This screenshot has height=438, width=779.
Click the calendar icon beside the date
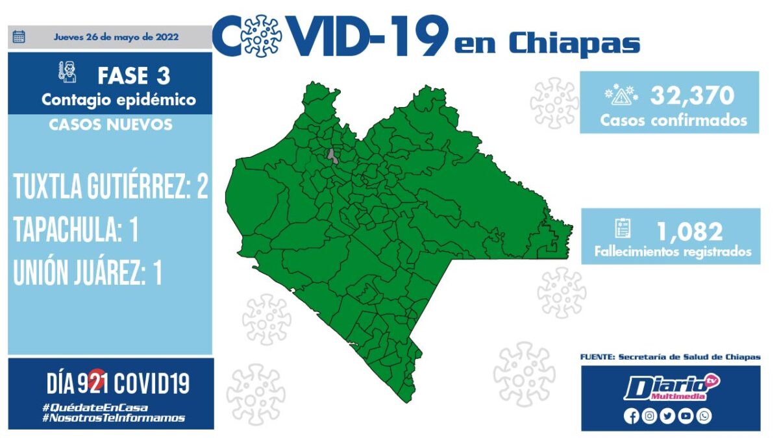[x=19, y=36]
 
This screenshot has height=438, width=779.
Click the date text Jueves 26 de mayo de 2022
[x=116, y=37]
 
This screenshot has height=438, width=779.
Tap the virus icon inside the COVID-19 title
[x=262, y=36]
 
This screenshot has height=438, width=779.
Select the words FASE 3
[x=134, y=76]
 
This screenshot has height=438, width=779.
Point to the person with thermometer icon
[x=68, y=72]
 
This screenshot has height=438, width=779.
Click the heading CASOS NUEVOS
[x=110, y=125]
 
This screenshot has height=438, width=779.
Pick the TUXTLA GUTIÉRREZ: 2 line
[x=110, y=186]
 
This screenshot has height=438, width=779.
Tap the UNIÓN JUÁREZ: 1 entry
[x=88, y=272]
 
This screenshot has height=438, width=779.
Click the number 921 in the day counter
[x=93, y=383]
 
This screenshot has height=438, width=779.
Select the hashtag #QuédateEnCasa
[x=95, y=408]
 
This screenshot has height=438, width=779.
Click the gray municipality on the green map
[x=332, y=157]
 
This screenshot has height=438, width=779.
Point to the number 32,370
[x=692, y=95]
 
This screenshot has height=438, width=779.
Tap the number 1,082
[x=690, y=232]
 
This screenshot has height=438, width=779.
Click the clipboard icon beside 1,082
[x=623, y=228]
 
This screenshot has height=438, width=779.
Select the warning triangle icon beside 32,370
[x=621, y=95]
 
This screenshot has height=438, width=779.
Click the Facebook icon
[x=631, y=416]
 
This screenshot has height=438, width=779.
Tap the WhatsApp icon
[x=704, y=416]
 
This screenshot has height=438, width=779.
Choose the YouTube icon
[x=686, y=416]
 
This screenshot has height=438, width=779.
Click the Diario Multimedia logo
[x=671, y=387]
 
